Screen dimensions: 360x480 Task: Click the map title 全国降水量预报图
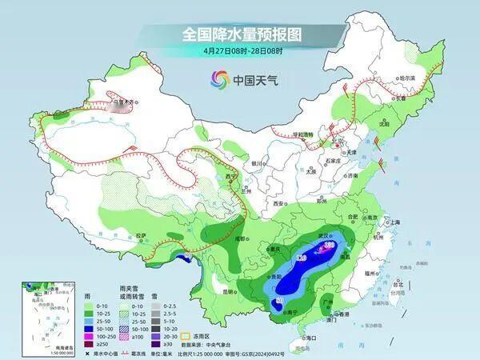pos(239,34)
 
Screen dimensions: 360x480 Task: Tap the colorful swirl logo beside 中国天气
pos(219,79)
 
